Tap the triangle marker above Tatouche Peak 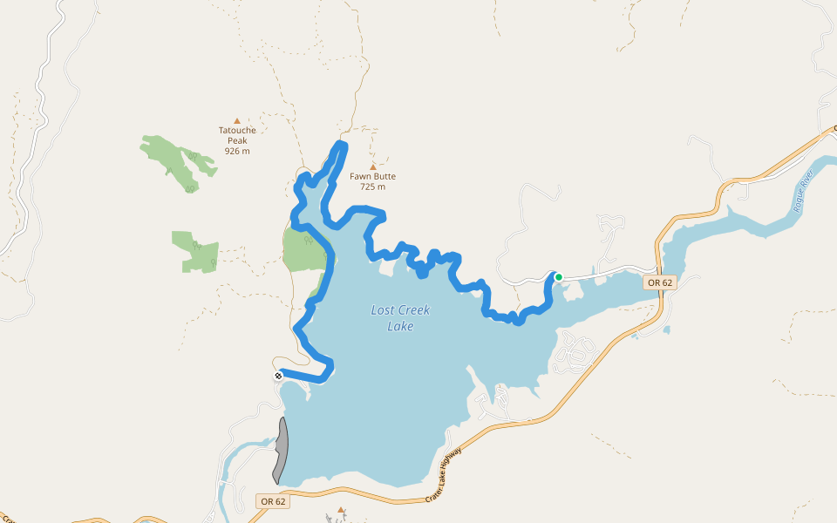pos(236,121)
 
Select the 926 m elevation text pos(237,151)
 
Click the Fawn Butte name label pos(372,176)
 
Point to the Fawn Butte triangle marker pos(373,166)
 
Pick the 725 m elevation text pos(372,187)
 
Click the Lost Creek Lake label pos(400,318)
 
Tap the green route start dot pos(558,277)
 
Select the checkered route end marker pos(278,376)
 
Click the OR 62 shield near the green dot pos(660,282)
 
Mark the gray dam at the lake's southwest pos(281,450)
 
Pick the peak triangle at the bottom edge pos(341,510)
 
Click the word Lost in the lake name pos(384,310)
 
